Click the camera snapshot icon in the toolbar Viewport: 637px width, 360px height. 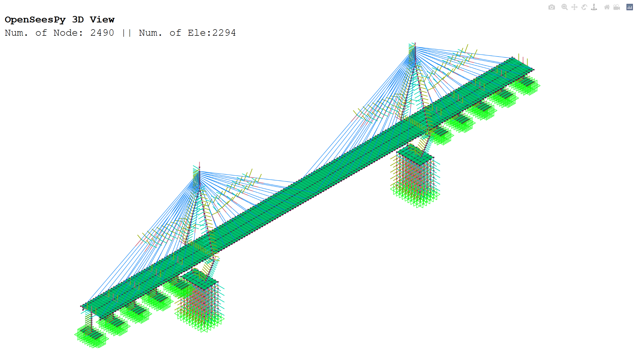click(551, 7)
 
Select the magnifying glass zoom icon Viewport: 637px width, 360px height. click(564, 7)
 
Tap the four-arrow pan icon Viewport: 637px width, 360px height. click(574, 7)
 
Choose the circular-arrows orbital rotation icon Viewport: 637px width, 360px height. click(584, 7)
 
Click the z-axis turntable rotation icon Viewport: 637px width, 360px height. click(594, 7)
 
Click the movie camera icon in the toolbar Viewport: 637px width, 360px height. click(617, 7)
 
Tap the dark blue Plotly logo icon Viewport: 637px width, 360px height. click(629, 7)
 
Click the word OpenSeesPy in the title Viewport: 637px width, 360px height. click(35, 20)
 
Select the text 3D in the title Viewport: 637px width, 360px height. click(78, 19)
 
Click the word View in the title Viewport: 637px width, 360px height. click(102, 19)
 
